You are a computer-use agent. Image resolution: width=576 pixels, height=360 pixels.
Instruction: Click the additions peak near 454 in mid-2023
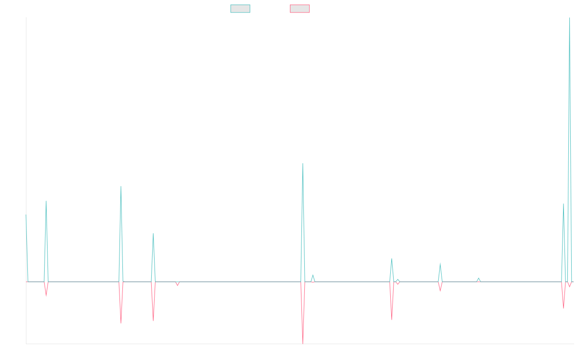coord(303,164)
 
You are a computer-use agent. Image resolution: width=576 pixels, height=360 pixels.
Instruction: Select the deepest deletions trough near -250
coord(303,343)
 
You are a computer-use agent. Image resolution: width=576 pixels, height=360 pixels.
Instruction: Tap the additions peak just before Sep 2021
coord(121,186)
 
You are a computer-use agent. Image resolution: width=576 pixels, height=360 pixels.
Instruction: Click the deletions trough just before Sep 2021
coord(121,323)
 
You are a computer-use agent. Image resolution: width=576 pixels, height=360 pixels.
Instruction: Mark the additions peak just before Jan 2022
coord(153,233)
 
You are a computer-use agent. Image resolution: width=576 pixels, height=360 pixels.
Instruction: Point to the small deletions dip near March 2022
coord(177,286)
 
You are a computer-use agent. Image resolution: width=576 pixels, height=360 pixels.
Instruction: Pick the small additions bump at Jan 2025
coord(478,278)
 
